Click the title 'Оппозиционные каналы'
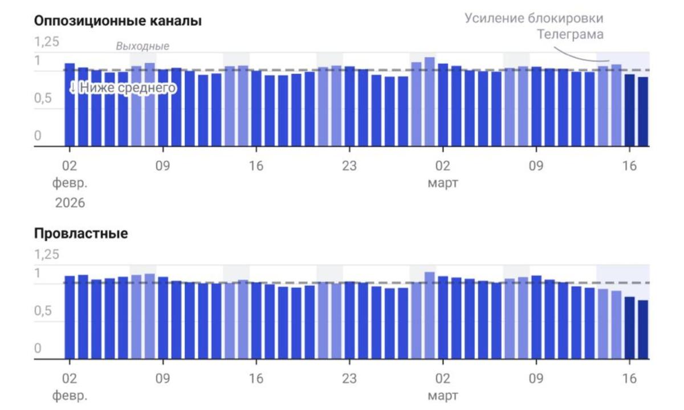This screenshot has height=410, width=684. pos(118,22)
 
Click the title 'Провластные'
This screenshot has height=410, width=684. pos(81,234)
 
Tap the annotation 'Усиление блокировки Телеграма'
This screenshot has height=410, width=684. pos(534,26)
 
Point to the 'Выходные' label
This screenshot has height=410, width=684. pos(142,46)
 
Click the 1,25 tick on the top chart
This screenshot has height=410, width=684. pos(47,42)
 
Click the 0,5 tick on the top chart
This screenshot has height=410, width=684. pos(46,98)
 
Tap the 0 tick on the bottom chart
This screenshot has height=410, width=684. pos(38,348)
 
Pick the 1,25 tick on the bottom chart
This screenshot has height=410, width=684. pos(47,254)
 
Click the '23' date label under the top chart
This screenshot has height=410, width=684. pos(349,167)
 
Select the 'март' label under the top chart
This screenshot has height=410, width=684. pos(442,184)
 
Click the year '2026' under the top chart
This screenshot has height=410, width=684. pos(70,202)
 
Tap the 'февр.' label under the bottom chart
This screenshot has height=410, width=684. pos(70,395)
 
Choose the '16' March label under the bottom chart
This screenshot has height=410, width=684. pos(629,379)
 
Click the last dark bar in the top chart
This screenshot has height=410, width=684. pos(643,112)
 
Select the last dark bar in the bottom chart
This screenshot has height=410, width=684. pos(643,330)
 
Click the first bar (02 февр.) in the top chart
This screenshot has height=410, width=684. pos(70,105)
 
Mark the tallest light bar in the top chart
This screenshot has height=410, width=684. pos(429,102)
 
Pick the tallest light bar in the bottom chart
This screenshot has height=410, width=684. pos(429,315)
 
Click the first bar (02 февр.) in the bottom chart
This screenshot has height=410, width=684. pos(70,318)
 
